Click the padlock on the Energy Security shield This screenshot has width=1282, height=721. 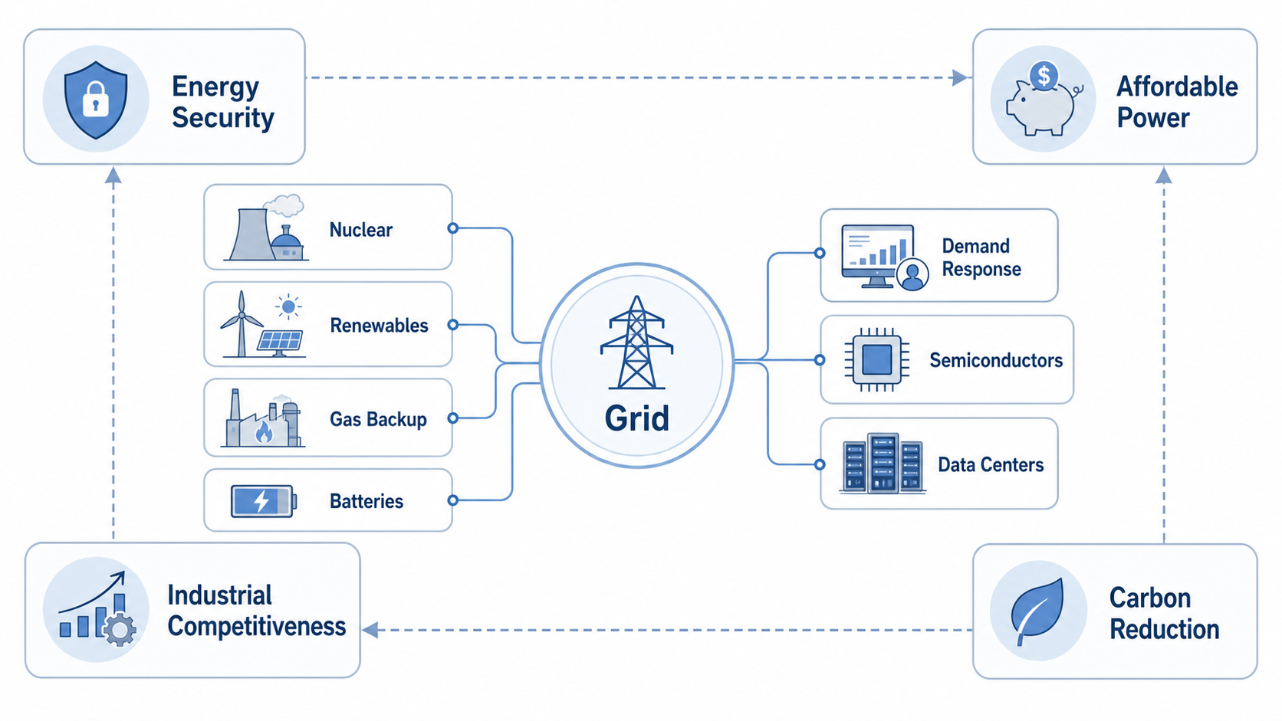(x=96, y=99)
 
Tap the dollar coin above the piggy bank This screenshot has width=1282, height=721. (x=1044, y=76)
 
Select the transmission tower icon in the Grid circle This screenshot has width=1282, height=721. (x=636, y=342)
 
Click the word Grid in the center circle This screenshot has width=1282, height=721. (x=636, y=418)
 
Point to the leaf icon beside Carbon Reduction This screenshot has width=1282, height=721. (x=1037, y=611)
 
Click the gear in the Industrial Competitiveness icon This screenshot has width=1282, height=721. (x=119, y=630)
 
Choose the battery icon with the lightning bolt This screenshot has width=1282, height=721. (x=264, y=501)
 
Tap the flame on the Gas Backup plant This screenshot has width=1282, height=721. (x=264, y=432)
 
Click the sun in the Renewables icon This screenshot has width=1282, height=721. (x=288, y=307)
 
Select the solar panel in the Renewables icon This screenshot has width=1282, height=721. (x=280, y=342)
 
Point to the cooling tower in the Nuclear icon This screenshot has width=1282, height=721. (x=251, y=234)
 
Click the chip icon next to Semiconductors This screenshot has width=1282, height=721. (x=877, y=360)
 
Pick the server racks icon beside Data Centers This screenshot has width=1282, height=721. (x=882, y=463)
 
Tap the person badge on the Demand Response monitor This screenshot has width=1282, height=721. (x=912, y=274)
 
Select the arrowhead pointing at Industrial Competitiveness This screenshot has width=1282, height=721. (x=370, y=630)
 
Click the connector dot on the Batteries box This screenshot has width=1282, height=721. (x=452, y=500)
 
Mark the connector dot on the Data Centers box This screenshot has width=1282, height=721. (x=820, y=464)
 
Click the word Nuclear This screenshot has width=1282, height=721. (x=361, y=230)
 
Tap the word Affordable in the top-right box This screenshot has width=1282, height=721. (x=1177, y=87)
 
